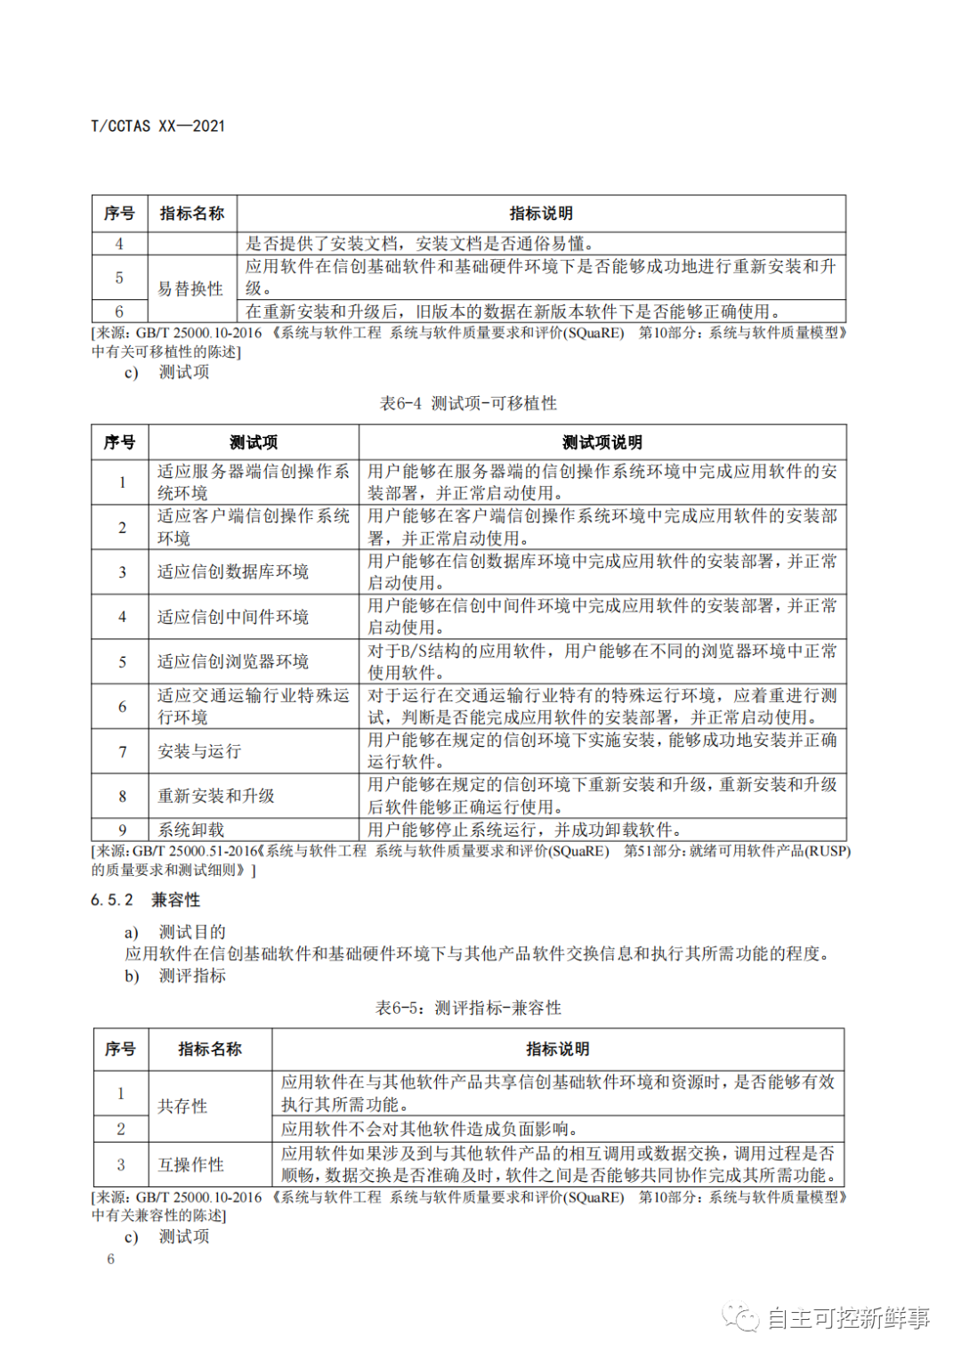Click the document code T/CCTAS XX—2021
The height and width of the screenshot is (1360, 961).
[158, 126]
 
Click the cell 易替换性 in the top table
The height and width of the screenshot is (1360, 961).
[190, 288]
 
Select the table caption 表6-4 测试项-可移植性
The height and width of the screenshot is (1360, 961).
[468, 403]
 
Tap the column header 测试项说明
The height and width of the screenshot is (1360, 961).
[602, 442]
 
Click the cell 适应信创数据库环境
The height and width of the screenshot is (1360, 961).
[233, 571]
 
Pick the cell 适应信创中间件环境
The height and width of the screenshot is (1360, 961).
[233, 617]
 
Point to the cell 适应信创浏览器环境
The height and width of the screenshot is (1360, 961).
[233, 661]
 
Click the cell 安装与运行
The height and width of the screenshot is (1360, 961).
[199, 751]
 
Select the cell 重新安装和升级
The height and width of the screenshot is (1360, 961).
[216, 796]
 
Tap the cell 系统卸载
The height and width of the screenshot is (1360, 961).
[190, 830]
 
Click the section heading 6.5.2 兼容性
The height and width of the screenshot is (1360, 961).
[146, 900]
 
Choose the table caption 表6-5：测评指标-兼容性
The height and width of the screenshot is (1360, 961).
[468, 1008]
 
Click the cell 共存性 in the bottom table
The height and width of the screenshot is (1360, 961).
[182, 1105]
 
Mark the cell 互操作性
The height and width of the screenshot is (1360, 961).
[190, 1164]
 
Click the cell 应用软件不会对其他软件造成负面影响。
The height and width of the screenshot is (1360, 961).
[430, 1129]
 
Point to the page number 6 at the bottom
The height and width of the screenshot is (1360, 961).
[111, 1259]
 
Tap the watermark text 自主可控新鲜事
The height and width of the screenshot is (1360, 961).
[848, 1318]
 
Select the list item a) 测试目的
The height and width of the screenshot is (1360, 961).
[175, 932]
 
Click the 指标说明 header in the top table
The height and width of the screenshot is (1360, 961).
[541, 214]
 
